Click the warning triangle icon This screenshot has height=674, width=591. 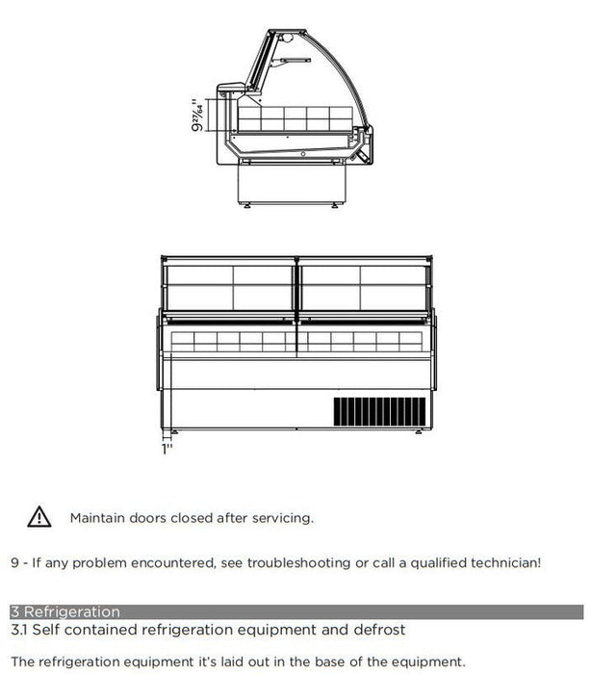(x=39, y=516)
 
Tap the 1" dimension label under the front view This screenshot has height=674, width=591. (x=167, y=447)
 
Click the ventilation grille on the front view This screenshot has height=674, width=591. (x=379, y=410)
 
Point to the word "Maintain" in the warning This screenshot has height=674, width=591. (x=98, y=518)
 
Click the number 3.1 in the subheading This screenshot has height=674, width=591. (x=19, y=630)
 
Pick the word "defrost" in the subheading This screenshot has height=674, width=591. (x=378, y=630)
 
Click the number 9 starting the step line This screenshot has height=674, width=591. (x=14, y=562)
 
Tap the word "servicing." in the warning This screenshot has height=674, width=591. (x=279, y=518)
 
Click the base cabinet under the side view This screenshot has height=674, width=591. (x=291, y=184)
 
